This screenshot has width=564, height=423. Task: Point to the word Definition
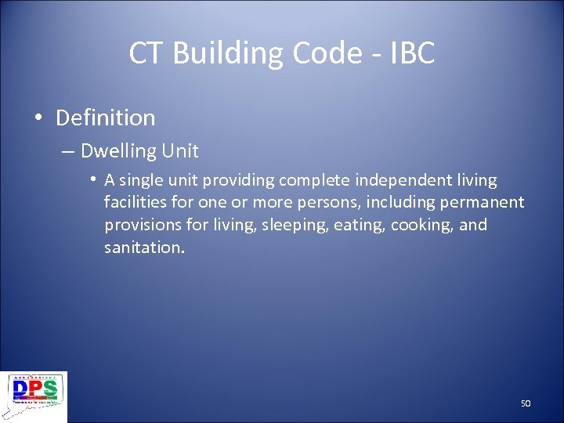point(106,118)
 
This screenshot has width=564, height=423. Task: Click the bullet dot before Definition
point(38,118)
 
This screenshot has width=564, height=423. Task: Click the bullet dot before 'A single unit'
point(93,179)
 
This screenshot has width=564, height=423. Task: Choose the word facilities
point(135,203)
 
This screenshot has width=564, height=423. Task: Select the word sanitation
point(143,248)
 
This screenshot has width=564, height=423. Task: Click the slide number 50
point(526,403)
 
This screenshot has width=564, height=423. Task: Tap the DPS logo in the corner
point(35,396)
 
